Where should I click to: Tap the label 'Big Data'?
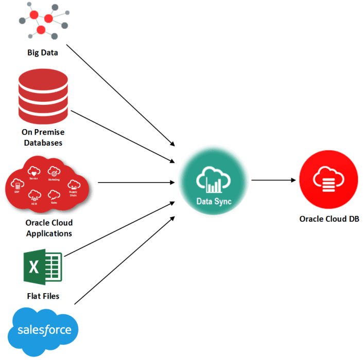click(x=43, y=52)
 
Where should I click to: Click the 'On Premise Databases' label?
click(x=43, y=137)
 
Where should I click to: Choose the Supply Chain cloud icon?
click(x=73, y=186)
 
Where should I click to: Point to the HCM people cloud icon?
click(x=35, y=195)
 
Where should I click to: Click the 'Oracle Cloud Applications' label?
click(x=49, y=228)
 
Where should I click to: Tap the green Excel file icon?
click(x=43, y=267)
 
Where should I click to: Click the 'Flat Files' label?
click(x=43, y=296)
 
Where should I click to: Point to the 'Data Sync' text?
click(x=214, y=202)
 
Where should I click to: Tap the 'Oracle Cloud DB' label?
click(x=329, y=219)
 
